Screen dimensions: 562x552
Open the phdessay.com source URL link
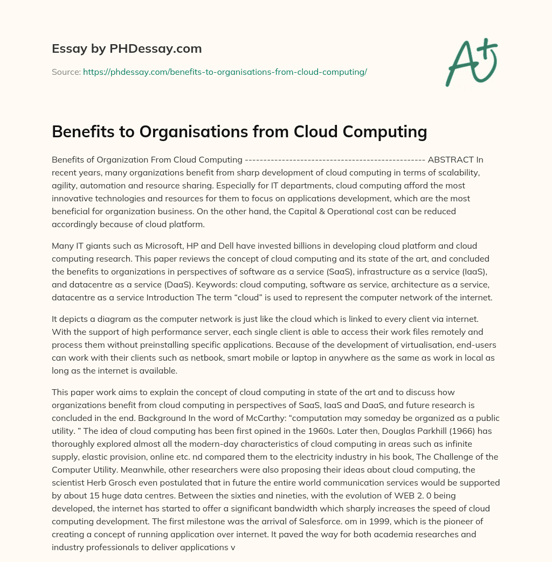point(225,72)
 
